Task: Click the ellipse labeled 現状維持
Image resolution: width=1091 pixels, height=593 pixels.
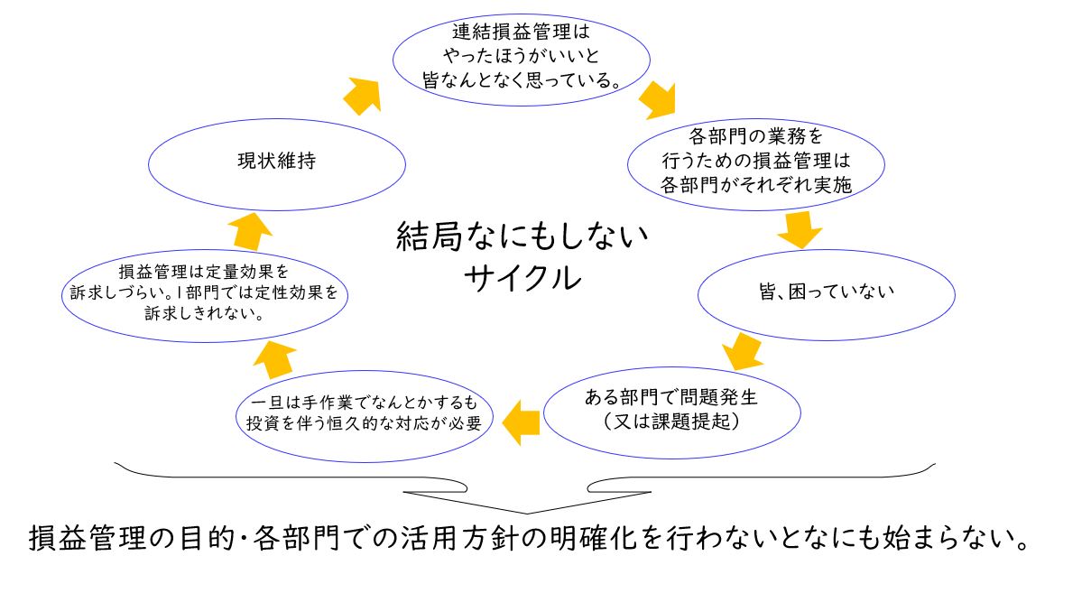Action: tap(277, 119)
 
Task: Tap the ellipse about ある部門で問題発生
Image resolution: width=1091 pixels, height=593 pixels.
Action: tap(672, 368)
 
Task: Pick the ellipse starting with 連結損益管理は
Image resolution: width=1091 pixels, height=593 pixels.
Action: tap(522, 14)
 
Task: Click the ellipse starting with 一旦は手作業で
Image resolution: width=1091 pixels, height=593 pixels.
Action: tap(365, 372)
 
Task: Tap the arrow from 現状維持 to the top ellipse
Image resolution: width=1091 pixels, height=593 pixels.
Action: tap(363, 96)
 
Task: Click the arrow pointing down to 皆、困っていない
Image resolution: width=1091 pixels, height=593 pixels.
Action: tap(800, 229)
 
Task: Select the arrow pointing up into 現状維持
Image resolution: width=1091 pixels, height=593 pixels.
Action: tap(250, 231)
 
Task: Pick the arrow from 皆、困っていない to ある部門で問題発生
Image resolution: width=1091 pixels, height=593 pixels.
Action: tap(742, 352)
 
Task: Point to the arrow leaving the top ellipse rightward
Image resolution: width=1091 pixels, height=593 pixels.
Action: tap(659, 101)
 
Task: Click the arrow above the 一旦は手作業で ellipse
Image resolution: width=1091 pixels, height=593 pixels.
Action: tap(274, 359)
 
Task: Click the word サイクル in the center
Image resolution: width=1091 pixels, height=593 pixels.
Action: tap(522, 278)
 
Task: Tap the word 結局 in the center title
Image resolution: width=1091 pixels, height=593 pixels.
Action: tap(429, 236)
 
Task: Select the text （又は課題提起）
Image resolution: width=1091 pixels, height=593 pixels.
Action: tap(671, 422)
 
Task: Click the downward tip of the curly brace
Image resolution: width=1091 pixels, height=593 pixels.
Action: tap(527, 513)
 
